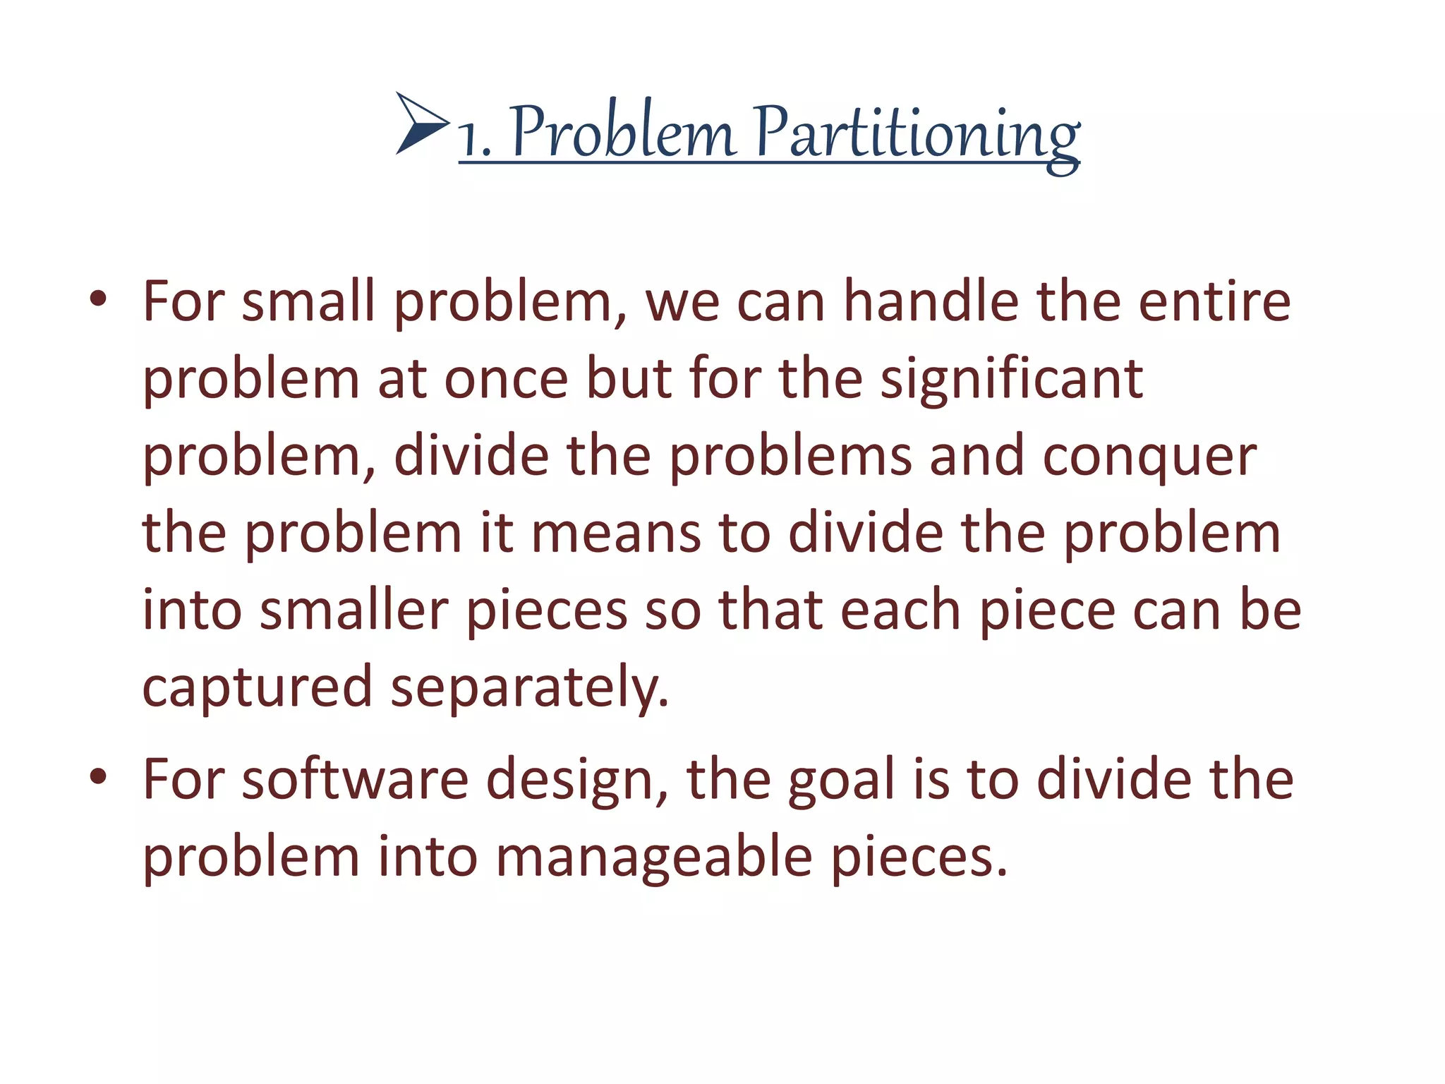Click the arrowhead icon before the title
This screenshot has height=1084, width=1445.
pyautogui.click(x=422, y=124)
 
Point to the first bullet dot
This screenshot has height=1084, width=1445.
pyautogui.click(x=98, y=299)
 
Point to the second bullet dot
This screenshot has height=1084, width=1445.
pyautogui.click(x=98, y=776)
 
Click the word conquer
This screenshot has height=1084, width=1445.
pyautogui.click(x=1149, y=457)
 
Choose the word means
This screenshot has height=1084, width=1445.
pyautogui.click(x=615, y=534)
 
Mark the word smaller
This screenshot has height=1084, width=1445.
pyautogui.click(x=354, y=610)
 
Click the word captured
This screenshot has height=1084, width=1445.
pyautogui.click(x=258, y=688)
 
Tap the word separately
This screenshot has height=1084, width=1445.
pyautogui.click(x=529, y=688)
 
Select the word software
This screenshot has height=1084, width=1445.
pyautogui.click(x=355, y=780)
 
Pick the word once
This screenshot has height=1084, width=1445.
pyautogui.click(x=506, y=380)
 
